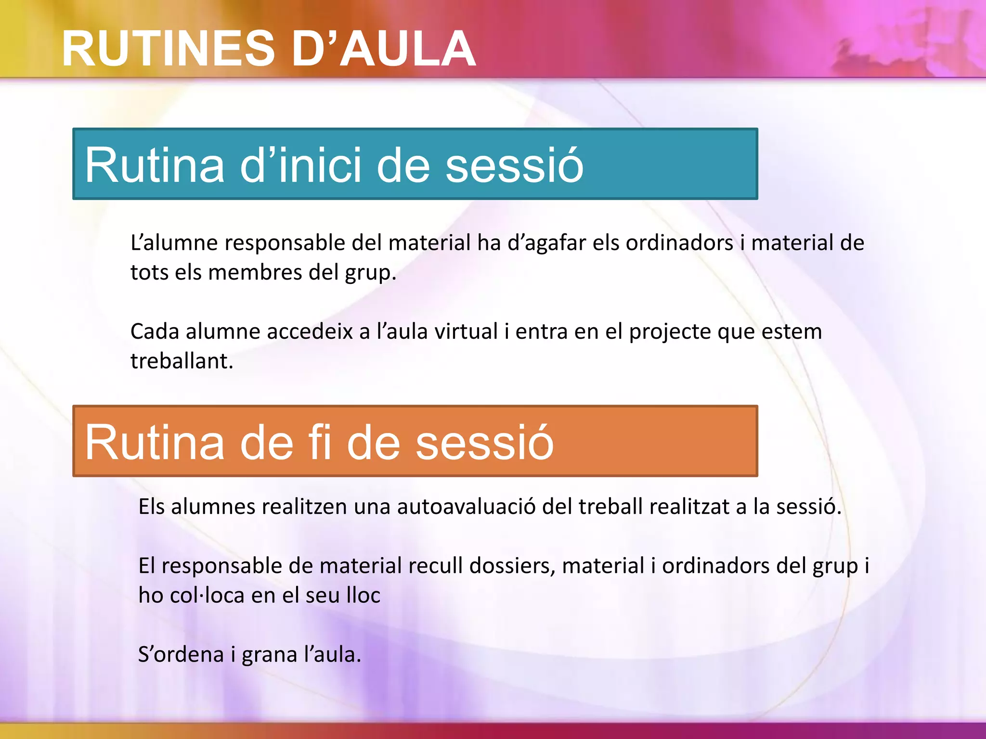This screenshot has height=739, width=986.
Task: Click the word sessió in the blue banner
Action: click(514, 165)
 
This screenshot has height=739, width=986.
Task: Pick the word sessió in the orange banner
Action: click(484, 442)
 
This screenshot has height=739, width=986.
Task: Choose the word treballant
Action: click(182, 361)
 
